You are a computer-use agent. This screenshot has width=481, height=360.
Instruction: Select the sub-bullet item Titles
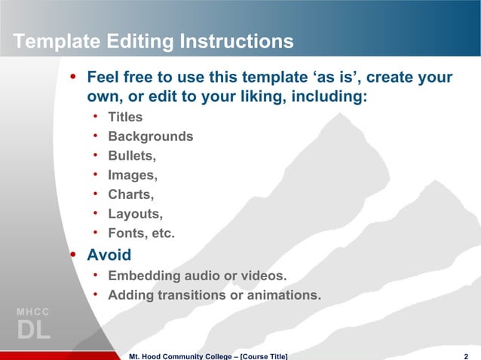point(125,117)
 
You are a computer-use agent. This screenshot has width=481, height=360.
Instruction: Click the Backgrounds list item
point(150,136)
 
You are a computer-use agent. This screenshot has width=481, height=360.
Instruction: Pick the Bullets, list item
point(132,156)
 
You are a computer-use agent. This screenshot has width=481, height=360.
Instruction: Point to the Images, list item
point(133,175)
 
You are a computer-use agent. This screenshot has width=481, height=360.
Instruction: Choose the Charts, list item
point(130,195)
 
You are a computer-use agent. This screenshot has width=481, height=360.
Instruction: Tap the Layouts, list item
point(135,215)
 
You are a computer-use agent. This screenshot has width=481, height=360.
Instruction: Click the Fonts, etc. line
point(141,234)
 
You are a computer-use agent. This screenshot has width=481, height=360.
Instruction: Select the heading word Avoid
point(109,255)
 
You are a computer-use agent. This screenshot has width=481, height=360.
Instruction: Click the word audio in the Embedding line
point(194,276)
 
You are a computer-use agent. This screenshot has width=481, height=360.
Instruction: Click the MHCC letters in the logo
point(32,311)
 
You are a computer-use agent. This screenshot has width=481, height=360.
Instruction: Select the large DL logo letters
point(33,330)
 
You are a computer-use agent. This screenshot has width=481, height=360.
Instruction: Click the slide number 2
point(468,355)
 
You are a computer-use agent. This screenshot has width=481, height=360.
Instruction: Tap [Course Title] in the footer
point(263,355)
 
